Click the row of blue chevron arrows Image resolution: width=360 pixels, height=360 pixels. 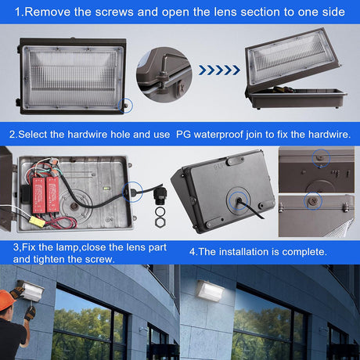click(219, 70)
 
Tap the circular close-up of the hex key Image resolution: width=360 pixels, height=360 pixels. click(164, 76)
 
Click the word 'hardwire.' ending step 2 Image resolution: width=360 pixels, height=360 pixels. click(323, 134)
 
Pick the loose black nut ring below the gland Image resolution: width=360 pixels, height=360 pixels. click(160, 222)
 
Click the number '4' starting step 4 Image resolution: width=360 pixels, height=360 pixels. click(193, 252)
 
